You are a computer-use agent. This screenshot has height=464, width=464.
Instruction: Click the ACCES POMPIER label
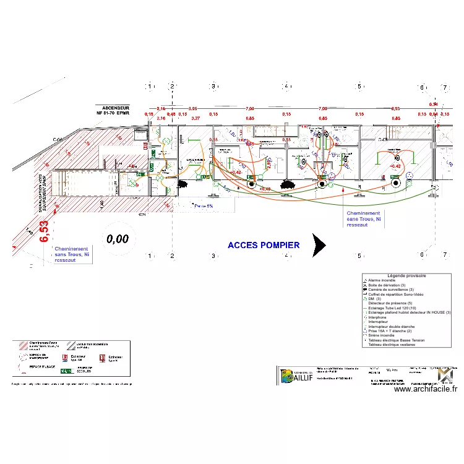(x=264, y=245)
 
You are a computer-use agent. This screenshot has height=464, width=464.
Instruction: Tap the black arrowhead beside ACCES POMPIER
(x=319, y=246)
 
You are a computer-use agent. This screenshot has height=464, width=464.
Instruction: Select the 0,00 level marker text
(x=117, y=238)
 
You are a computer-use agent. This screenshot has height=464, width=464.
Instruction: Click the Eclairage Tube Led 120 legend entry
(x=396, y=308)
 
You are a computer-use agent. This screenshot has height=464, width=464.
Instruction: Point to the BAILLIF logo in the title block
(x=294, y=376)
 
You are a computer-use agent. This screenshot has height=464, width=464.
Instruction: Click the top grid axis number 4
(x=285, y=87)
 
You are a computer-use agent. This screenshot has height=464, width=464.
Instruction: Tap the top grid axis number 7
(x=444, y=88)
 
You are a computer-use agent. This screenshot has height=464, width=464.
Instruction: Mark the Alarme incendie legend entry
(x=383, y=280)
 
